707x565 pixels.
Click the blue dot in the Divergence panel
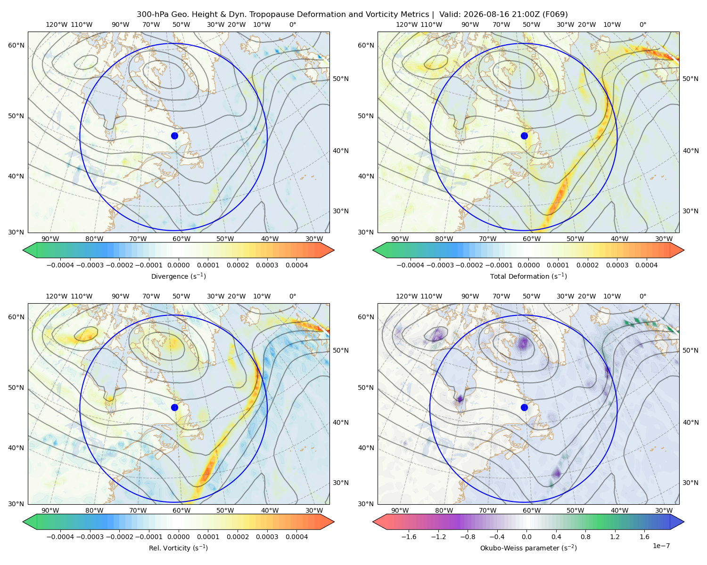tap(174, 136)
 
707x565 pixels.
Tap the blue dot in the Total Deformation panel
tap(524, 136)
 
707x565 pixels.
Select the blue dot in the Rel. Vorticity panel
tap(174, 407)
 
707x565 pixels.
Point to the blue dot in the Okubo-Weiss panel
tap(524, 407)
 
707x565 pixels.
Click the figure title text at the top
tap(352, 15)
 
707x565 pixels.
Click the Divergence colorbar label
tap(178, 276)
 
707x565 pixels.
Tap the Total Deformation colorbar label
tap(528, 276)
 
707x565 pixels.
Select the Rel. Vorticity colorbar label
tap(178, 548)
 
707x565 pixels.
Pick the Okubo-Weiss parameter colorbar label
tap(528, 548)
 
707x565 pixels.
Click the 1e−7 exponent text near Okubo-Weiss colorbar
tap(661, 546)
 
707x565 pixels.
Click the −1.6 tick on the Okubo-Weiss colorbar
tap(409, 536)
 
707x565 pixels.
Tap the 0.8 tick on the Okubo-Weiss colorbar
tap(585, 536)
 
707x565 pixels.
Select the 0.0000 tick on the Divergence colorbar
tap(178, 265)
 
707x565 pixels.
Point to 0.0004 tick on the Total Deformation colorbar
tap(646, 265)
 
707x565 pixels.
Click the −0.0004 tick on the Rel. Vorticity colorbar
tap(60, 536)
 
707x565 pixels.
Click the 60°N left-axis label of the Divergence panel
tap(16, 45)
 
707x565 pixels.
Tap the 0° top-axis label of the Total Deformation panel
tap(642, 24)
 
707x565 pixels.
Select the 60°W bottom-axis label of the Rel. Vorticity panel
tap(181, 510)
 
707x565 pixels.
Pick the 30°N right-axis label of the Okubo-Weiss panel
tap(691, 483)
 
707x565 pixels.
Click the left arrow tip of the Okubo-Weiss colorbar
tap(373, 522)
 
